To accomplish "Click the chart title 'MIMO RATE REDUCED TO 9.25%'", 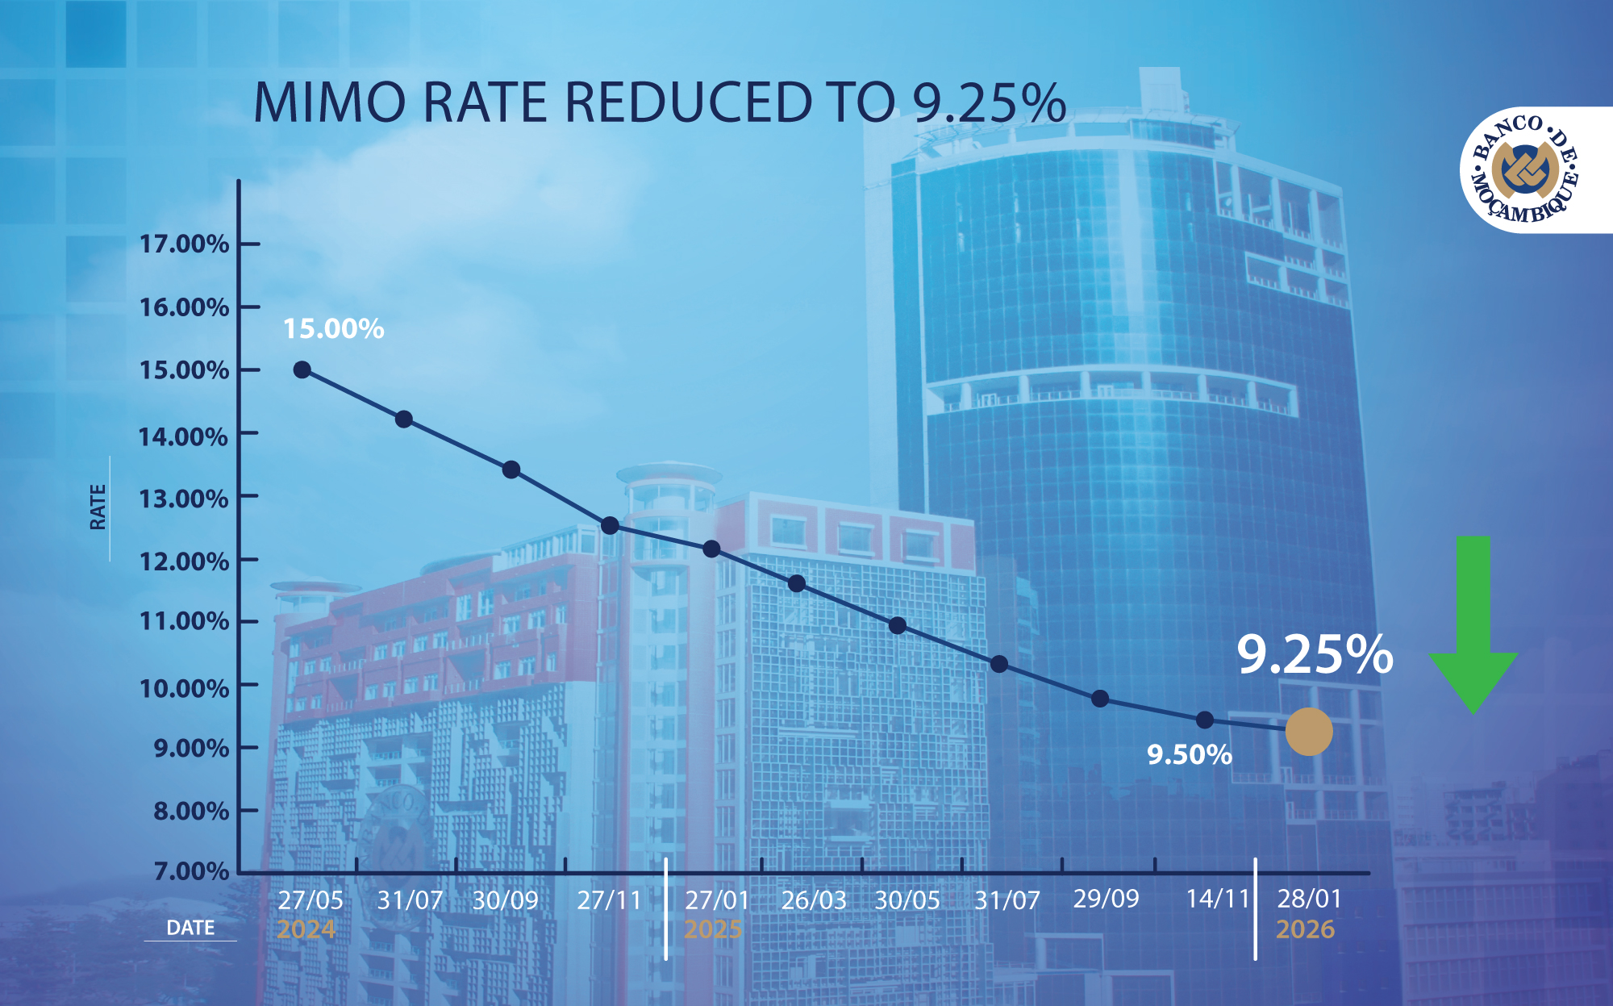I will point(659,103).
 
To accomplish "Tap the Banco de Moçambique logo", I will point(1523,170).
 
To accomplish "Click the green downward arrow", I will point(1473,625).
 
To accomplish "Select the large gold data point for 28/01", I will point(1308,732).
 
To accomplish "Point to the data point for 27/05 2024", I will point(302,369).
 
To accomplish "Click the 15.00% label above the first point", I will point(333,329).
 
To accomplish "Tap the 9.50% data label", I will point(1189,755).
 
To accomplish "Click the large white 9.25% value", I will point(1315,654).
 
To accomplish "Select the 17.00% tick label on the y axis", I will point(184,244).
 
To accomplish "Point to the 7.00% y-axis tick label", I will point(191,871).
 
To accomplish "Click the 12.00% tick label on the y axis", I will point(184,561).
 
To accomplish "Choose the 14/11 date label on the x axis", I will point(1217,899).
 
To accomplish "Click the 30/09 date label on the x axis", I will point(505,900).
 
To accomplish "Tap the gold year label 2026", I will point(1305,929).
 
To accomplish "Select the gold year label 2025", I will point(713,929).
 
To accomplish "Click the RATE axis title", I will point(98,507).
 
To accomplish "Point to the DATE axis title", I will point(190,928).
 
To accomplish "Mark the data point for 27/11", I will point(610,526).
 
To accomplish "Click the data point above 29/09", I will point(1100,699).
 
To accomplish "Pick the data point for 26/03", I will point(797,583).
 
